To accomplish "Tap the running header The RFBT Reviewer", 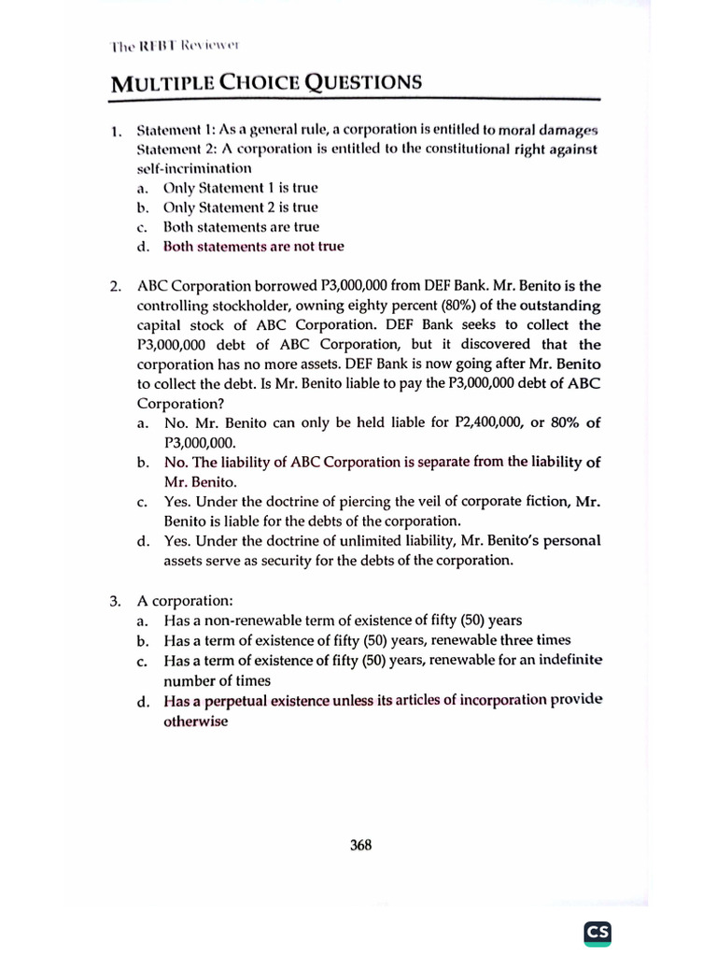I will point(176,44).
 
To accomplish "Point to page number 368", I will point(360,845).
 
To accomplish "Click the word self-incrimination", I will point(194,168).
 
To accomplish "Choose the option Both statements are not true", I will point(253,247).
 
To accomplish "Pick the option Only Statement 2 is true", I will point(240,207).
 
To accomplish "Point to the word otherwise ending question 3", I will point(195,721).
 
